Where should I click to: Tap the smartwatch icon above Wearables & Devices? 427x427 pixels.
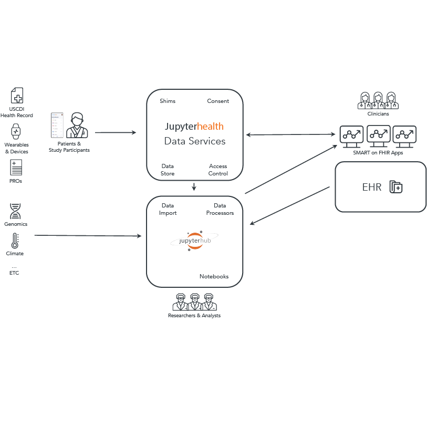coord(16,131)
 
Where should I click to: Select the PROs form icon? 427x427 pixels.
coord(16,168)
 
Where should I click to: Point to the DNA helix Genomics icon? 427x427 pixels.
coord(15,211)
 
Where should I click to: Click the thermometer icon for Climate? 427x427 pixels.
coord(15,241)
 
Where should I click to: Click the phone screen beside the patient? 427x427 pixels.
coord(57,125)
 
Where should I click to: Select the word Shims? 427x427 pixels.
coord(168,101)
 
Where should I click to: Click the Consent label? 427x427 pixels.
coord(218,101)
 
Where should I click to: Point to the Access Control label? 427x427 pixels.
coord(218,170)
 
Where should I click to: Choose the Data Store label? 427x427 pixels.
coord(168,170)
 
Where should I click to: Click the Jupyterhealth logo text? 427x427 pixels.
coord(194,127)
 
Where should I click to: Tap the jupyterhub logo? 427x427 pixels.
coord(194,241)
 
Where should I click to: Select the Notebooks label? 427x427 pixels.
coord(214,276)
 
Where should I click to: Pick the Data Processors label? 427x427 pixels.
coord(220,209)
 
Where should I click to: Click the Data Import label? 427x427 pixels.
coord(168,209)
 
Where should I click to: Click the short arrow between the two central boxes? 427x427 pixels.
coord(194,186)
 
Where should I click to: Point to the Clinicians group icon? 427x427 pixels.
coord(378,100)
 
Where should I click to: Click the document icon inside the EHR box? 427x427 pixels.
coord(395,187)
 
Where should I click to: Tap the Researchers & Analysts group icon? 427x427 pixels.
coord(194,302)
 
